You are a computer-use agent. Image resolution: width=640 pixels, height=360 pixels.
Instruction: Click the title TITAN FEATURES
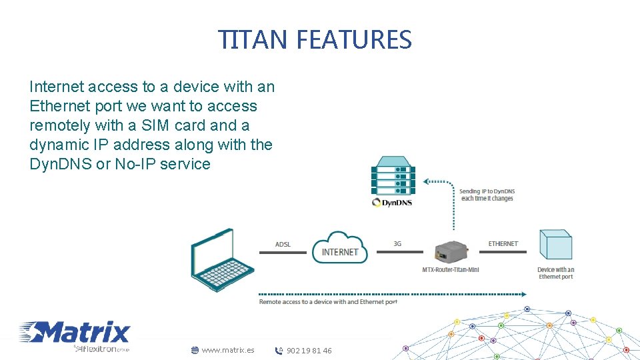point(315,40)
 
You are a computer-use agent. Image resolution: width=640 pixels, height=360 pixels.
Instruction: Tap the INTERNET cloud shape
point(340,249)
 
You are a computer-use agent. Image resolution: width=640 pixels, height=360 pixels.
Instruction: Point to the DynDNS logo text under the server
point(393,202)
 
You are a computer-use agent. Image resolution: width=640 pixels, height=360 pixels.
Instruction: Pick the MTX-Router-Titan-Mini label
point(451,270)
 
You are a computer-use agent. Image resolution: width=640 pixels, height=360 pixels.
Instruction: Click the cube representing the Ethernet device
point(555,245)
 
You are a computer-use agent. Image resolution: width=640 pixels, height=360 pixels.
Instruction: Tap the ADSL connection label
point(283,245)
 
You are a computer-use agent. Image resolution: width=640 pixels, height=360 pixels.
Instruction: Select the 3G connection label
point(397,244)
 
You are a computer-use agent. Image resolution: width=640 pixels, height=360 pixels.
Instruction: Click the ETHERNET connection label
point(503,244)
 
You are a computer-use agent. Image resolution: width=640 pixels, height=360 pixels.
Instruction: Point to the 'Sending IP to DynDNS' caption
point(487,195)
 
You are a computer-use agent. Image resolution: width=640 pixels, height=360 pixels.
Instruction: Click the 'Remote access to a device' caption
point(328,302)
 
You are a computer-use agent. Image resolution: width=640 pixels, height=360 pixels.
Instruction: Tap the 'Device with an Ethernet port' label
point(555,273)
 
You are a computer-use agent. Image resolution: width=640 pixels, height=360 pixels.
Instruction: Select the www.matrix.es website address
point(228,350)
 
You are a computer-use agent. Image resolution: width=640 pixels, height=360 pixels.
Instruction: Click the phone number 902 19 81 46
point(309,351)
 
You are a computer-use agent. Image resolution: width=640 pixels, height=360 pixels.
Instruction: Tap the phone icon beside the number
point(279,351)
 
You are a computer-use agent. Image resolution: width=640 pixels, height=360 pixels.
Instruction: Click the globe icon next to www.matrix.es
point(195,350)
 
